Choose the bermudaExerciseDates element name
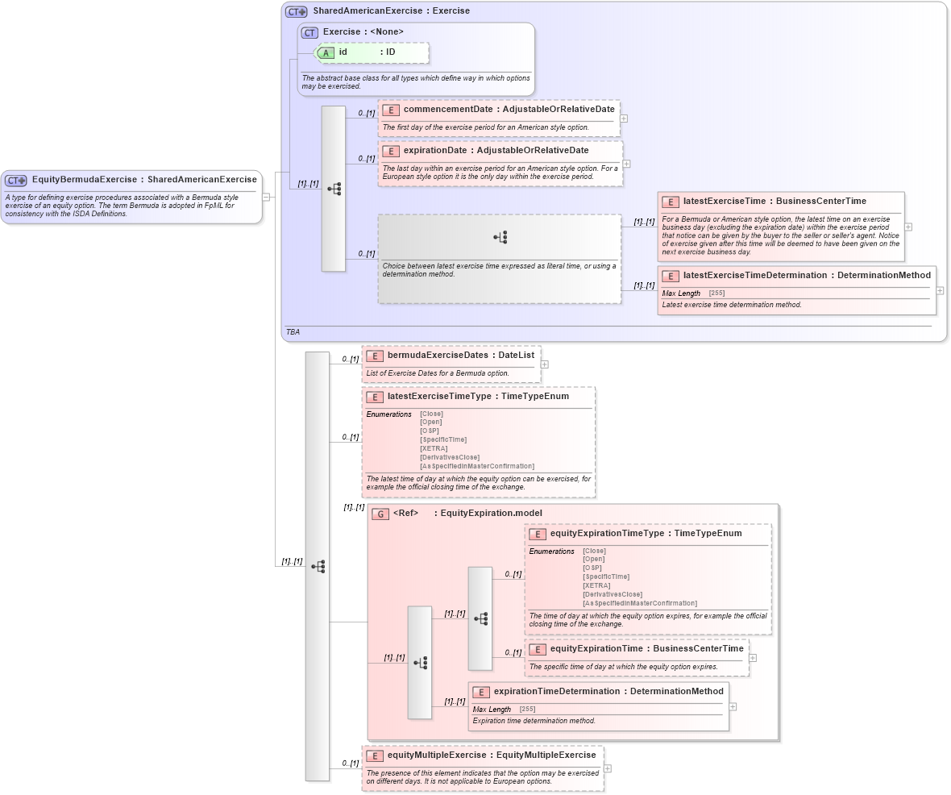(x=438, y=356)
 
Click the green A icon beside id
(x=326, y=52)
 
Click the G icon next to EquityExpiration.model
(x=380, y=514)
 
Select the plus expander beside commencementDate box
(x=624, y=119)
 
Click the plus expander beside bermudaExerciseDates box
(x=545, y=364)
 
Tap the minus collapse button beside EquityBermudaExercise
(x=266, y=197)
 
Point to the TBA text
(x=293, y=332)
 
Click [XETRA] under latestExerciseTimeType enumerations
(x=434, y=449)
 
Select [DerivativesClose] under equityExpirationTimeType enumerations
(x=613, y=595)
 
